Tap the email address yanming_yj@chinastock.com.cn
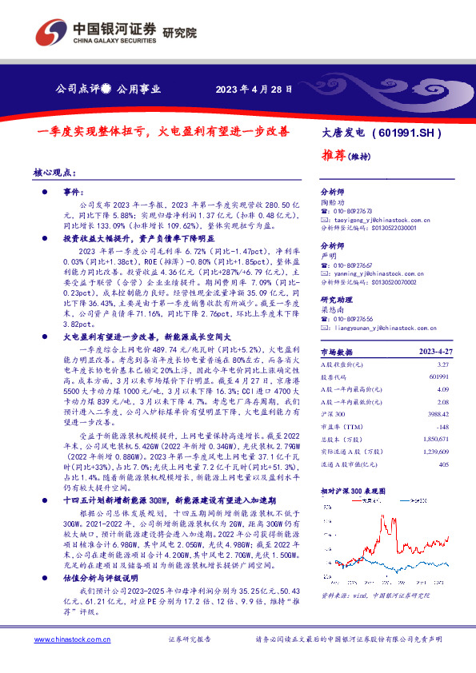pos(376,273)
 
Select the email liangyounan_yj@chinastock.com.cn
pos(384,327)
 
